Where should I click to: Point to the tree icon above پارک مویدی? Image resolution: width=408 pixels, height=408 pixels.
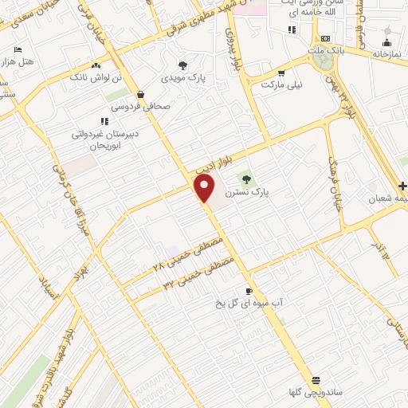coord(182,66)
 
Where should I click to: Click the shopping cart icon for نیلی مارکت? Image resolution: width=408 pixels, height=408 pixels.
coord(280,71)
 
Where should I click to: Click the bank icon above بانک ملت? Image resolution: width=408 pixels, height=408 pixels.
coord(325,38)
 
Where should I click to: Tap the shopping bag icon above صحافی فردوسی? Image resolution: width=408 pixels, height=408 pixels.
coord(140,93)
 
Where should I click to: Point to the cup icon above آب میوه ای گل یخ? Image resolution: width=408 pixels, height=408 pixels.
coord(249,291)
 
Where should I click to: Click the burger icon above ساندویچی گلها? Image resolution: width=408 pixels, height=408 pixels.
coord(316,380)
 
